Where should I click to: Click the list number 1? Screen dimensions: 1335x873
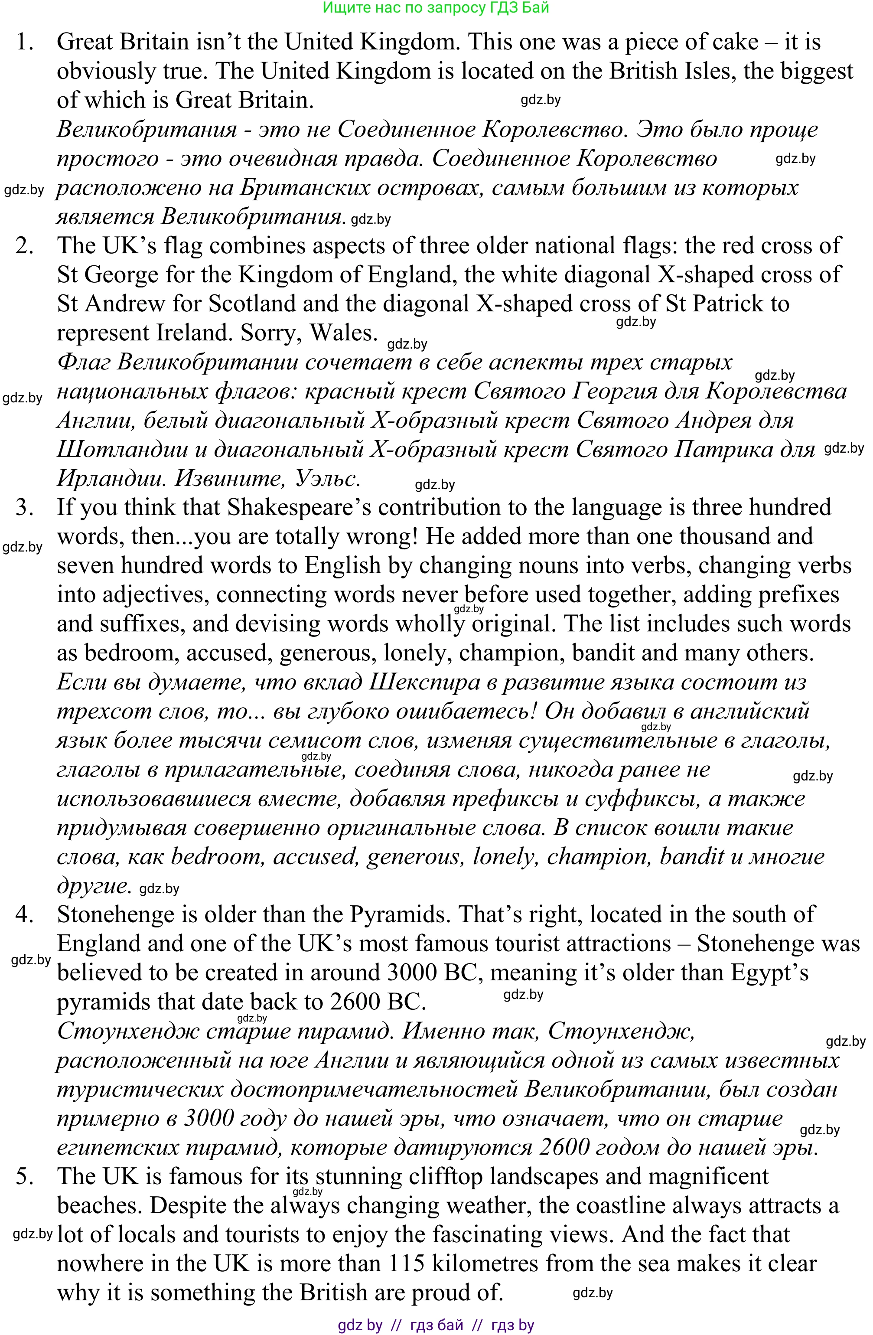pos(25,42)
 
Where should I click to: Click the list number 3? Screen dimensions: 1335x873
pos(25,508)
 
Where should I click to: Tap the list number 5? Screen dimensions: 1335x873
pos(25,1176)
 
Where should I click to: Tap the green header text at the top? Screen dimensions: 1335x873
pos(436,8)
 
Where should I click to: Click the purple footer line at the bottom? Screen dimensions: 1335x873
pos(436,1325)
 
